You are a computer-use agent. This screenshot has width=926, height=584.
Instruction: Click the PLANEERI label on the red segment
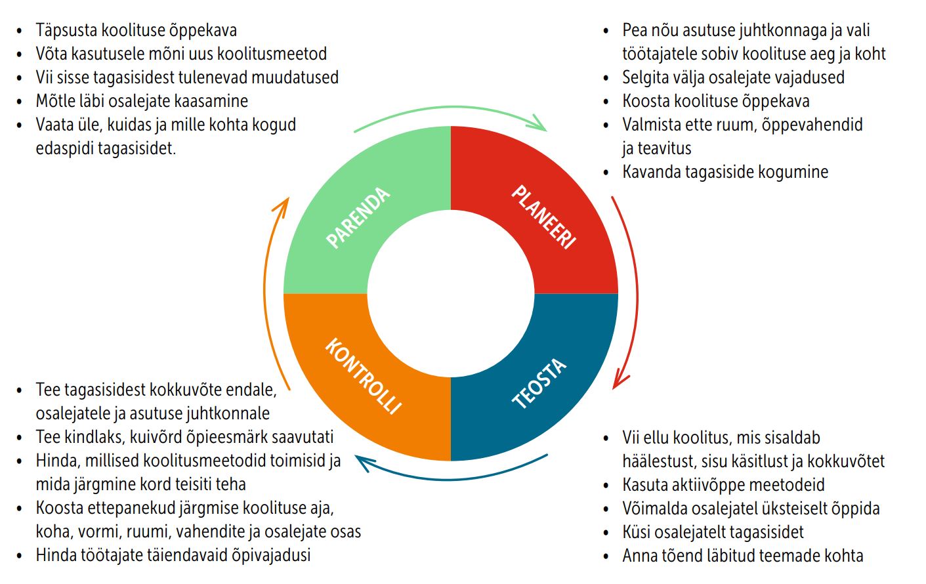click(x=543, y=217)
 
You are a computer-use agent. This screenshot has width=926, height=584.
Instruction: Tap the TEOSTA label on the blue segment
click(x=539, y=384)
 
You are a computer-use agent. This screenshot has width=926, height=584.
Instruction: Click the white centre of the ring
click(x=451, y=293)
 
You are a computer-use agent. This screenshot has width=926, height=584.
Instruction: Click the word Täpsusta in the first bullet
click(x=66, y=30)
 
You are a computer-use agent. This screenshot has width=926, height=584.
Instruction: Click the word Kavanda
click(x=651, y=172)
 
